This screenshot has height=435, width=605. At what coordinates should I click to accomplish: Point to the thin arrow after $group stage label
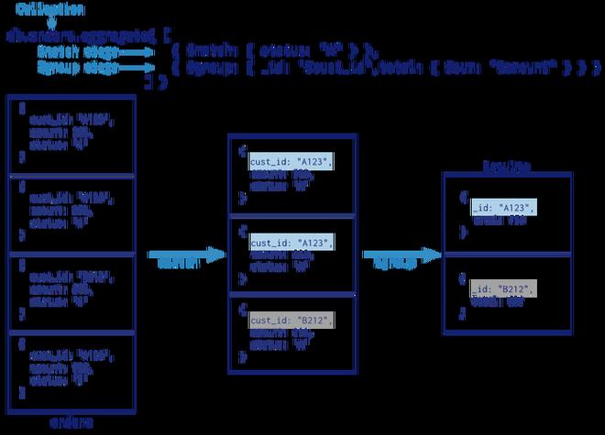[137, 68]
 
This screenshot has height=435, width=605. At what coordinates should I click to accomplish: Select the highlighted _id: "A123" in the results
[504, 208]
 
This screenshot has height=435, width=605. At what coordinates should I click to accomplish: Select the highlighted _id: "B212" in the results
[503, 290]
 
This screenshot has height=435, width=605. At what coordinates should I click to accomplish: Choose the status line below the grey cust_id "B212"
[285, 347]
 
